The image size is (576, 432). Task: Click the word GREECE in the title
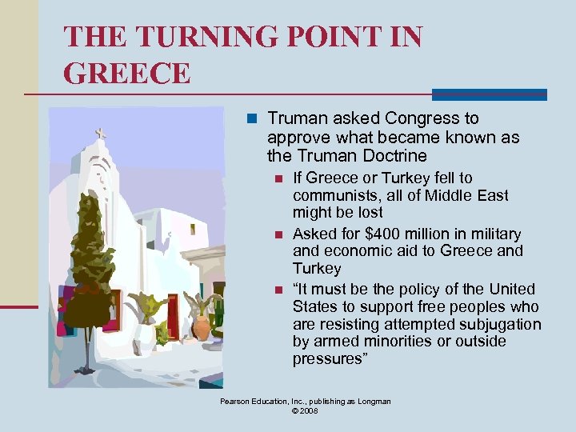(x=127, y=73)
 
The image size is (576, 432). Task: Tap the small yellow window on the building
(x=193, y=229)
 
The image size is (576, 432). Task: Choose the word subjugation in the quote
(x=496, y=324)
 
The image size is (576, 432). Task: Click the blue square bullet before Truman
(x=251, y=119)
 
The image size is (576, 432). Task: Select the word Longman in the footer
(x=374, y=402)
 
